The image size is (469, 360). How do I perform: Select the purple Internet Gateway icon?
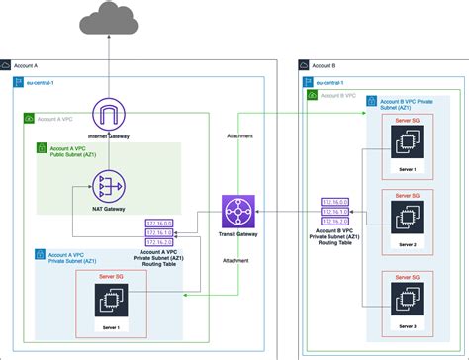click(x=105, y=114)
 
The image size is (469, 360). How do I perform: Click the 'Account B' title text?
click(x=328, y=64)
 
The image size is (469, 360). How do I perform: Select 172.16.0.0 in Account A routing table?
click(x=159, y=223)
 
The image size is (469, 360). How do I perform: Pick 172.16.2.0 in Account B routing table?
click(x=334, y=223)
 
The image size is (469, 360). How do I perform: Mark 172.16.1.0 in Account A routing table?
click(x=159, y=231)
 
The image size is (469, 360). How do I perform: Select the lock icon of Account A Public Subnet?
click(x=42, y=148)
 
